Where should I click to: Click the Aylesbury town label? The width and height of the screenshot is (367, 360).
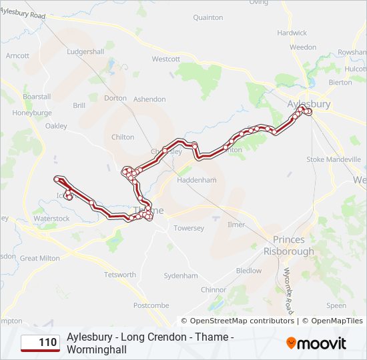click(308, 105)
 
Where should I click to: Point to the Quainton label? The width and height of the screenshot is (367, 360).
click(208, 18)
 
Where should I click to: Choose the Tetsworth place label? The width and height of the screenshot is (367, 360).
click(119, 275)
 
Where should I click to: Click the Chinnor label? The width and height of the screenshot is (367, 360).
click(214, 289)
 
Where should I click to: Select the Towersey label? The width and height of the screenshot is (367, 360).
click(188, 228)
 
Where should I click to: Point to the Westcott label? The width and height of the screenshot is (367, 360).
click(166, 59)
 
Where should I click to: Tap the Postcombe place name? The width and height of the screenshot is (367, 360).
click(151, 305)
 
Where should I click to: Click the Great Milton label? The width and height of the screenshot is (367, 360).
click(39, 258)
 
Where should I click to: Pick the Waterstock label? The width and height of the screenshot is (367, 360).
click(51, 218)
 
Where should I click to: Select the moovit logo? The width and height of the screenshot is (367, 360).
click(316, 343)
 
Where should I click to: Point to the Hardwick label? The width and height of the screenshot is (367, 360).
click(292, 33)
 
